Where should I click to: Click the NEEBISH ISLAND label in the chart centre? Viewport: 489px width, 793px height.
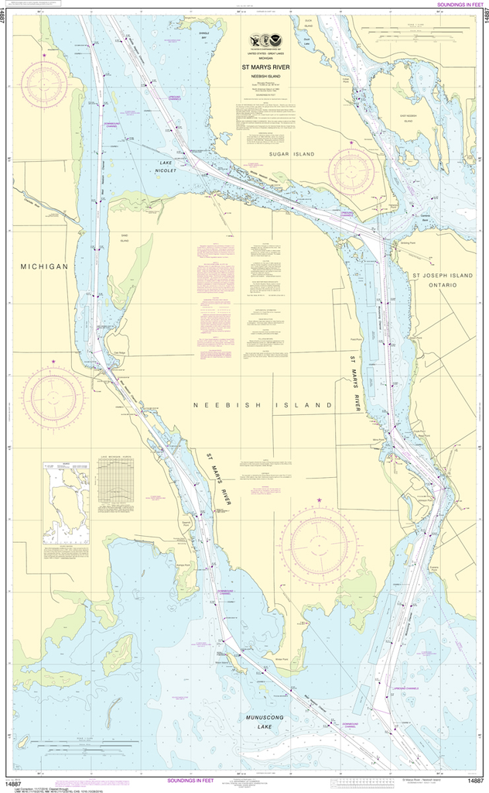[262, 405]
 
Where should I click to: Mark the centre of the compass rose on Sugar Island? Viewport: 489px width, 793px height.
[351, 173]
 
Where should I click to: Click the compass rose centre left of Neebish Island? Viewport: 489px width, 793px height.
[53, 396]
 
